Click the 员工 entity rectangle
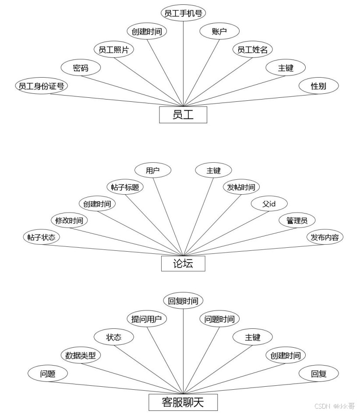[183, 115]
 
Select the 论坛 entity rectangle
[183, 263]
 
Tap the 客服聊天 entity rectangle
[183, 401]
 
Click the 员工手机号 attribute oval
[183, 13]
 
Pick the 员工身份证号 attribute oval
[41, 86]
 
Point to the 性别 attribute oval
[318, 86]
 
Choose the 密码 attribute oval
[81, 68]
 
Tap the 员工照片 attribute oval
[114, 50]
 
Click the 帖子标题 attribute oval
[125, 187]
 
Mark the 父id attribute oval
[269, 204]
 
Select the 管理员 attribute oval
[297, 221]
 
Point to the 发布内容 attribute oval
[325, 237]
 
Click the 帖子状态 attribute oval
[41, 237]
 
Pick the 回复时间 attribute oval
[183, 301]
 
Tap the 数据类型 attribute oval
[81, 356]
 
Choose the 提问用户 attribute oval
[147, 319]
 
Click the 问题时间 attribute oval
[219, 319]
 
